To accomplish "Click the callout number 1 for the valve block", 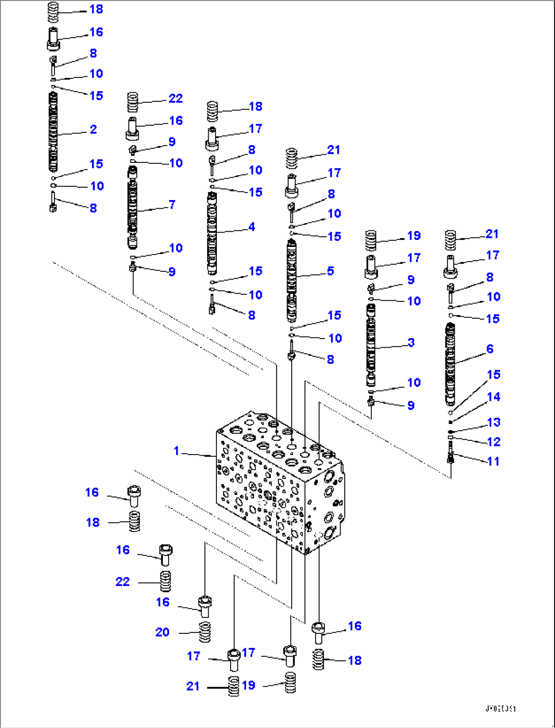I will click(176, 451).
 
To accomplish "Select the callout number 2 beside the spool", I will click(93, 129).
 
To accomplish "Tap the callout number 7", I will click(172, 205).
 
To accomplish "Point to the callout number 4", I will click(252, 227).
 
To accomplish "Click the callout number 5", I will click(330, 271).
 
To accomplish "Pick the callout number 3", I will click(411, 343).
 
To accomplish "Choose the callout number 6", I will click(490, 349).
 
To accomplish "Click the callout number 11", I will click(493, 461).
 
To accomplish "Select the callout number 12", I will click(493, 442).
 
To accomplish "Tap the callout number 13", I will click(493, 422).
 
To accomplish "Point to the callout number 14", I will click(493, 397).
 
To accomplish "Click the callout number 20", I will click(162, 632).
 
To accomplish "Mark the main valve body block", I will click(280, 484).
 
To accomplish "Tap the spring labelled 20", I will click(205, 632).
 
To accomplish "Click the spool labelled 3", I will click(370, 345).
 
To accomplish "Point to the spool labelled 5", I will click(292, 281).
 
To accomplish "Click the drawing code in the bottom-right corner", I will click(500, 708).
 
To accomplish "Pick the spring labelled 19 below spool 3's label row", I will click(371, 240).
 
